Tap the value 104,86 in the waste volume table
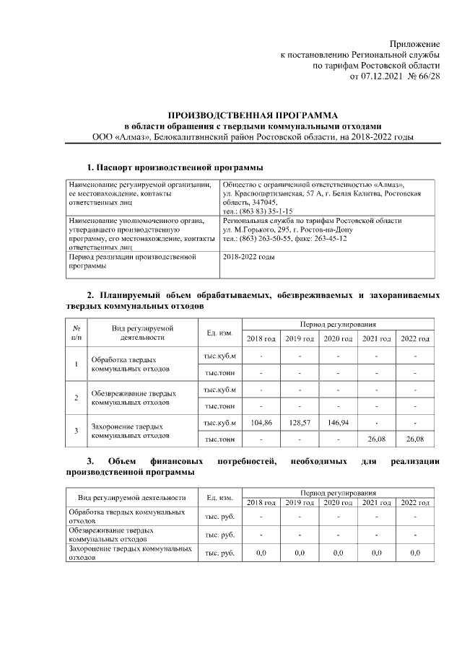(x=261, y=422)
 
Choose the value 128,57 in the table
(x=299, y=422)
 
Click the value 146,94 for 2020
(x=338, y=422)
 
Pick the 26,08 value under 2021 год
(x=376, y=438)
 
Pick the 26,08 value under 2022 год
(x=415, y=438)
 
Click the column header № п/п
(x=77, y=332)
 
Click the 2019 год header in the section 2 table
(x=299, y=338)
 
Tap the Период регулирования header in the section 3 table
(x=338, y=490)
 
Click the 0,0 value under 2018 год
(x=261, y=553)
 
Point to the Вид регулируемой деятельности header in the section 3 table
(x=131, y=496)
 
